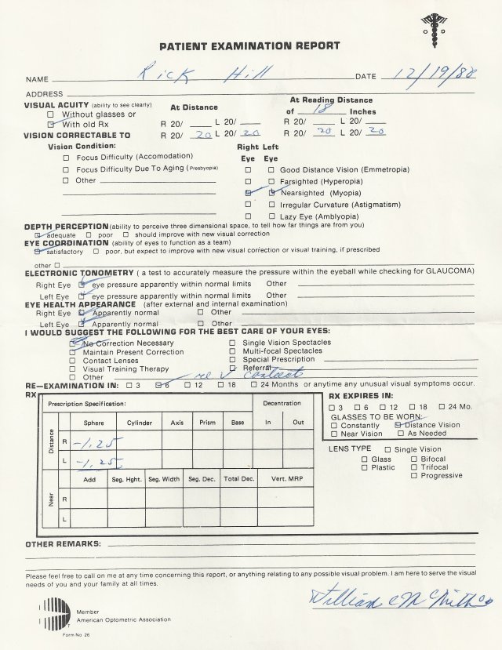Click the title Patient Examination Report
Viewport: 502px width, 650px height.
click(249, 46)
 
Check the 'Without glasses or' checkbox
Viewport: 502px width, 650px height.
click(50, 114)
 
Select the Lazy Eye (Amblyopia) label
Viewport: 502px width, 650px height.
click(308, 216)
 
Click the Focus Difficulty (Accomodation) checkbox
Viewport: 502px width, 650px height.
click(66, 157)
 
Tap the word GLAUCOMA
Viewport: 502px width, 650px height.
click(449, 271)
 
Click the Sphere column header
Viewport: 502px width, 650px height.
click(94, 423)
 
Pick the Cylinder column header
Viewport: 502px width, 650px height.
click(140, 423)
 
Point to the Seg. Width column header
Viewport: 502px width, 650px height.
click(164, 478)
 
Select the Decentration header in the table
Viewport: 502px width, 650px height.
click(282, 404)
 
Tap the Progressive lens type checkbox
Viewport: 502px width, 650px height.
click(415, 475)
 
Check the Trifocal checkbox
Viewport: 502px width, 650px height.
click(415, 467)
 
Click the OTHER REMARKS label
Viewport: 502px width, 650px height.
click(63, 543)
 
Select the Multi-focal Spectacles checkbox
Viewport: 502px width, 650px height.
click(232, 351)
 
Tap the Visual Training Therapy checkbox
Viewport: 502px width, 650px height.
click(73, 369)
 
